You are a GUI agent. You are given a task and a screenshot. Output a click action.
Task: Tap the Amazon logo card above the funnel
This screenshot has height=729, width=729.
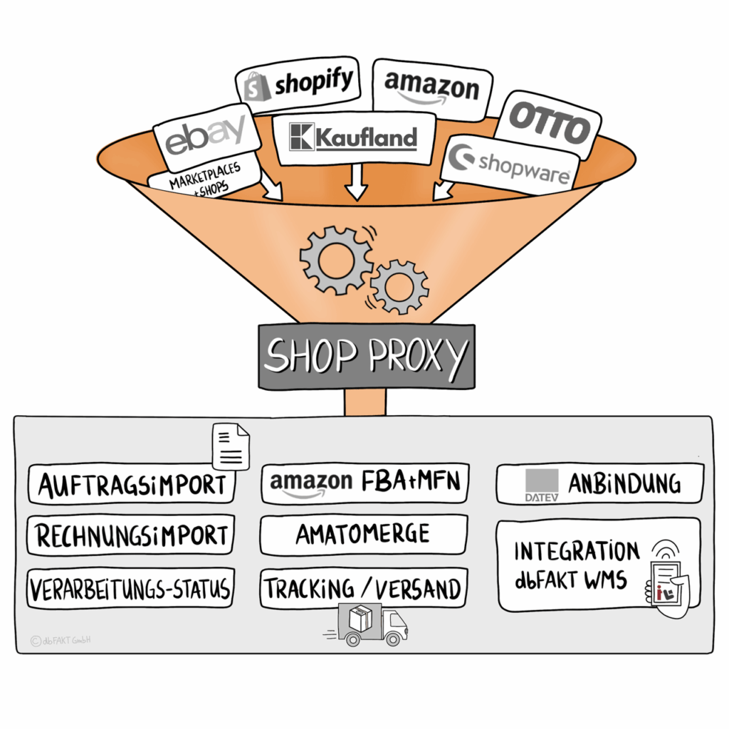point(431,88)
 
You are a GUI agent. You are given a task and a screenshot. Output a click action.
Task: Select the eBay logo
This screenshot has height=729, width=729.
point(206,138)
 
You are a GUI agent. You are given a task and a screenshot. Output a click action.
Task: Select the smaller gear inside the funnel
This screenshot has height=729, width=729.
point(399,286)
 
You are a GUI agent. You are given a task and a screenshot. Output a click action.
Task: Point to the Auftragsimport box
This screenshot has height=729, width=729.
point(132,485)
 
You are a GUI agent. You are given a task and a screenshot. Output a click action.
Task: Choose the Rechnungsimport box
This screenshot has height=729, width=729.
point(132,535)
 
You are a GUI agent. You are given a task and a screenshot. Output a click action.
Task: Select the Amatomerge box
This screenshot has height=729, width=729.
point(363,534)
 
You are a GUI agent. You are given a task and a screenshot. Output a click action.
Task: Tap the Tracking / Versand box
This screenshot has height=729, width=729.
point(363,588)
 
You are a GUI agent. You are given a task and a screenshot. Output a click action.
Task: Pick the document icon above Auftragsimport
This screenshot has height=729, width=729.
point(231,446)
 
